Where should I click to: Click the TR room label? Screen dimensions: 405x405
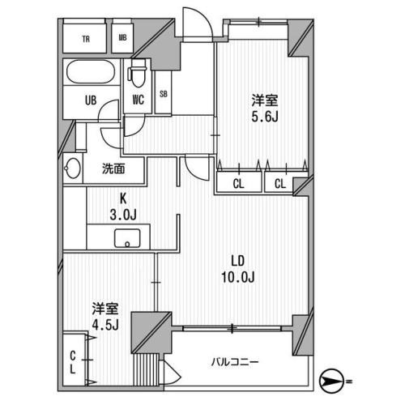86,39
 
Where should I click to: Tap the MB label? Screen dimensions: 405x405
122,37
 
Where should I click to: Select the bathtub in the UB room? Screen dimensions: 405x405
91,72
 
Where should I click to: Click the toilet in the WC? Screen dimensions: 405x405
138,73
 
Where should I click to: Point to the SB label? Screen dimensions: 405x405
164,94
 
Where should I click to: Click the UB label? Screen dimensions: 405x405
91,100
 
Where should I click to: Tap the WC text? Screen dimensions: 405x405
138,100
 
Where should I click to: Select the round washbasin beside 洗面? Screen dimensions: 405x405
73,168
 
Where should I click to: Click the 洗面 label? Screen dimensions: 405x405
113,168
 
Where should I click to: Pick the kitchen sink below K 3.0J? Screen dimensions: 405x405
127,238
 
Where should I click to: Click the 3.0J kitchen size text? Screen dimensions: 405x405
123,215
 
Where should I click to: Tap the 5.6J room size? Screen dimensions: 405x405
265,117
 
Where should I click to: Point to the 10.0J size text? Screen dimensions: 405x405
238,277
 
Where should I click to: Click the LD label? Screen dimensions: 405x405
238,261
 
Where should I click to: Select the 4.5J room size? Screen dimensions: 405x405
105,325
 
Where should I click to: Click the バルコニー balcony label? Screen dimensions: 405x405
235,361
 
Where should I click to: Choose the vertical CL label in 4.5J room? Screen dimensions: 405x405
73,362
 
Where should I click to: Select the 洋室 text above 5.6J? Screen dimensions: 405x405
265,100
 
